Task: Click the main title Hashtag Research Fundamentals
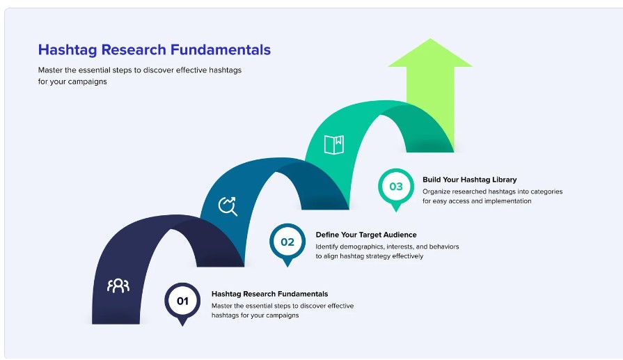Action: point(154,50)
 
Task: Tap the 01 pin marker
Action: point(182,303)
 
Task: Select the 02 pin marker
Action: point(287,244)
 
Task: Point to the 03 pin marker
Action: point(396,189)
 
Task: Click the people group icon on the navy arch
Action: point(118,285)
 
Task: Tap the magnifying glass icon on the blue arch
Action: point(228,206)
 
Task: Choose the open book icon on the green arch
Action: point(333,145)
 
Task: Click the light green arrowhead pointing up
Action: point(430,52)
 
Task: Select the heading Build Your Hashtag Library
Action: point(470,180)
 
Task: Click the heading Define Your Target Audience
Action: point(366,235)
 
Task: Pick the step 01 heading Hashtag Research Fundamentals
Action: point(270,294)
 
